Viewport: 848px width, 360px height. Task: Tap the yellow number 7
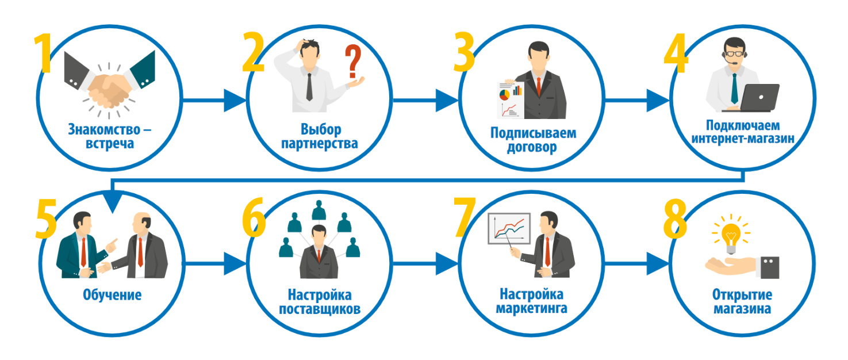[x=464, y=217]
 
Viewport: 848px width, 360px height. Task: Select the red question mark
[x=353, y=62]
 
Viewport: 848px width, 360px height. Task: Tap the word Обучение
[x=112, y=294]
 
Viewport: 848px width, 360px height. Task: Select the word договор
[x=532, y=147]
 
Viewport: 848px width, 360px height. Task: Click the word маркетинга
[x=532, y=308]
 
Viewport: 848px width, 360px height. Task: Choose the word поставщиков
[x=320, y=309]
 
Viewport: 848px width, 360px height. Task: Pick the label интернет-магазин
[x=743, y=139]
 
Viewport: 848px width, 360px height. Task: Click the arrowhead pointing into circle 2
[x=235, y=100]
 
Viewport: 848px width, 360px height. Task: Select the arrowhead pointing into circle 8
[x=658, y=263]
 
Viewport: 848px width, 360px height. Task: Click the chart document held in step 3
[x=511, y=100]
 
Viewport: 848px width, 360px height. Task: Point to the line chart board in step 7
[x=509, y=229]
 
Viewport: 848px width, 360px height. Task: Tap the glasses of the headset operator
[x=735, y=53]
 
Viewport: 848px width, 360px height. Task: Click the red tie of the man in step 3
[x=539, y=86]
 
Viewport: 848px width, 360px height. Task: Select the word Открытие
[x=742, y=294]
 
